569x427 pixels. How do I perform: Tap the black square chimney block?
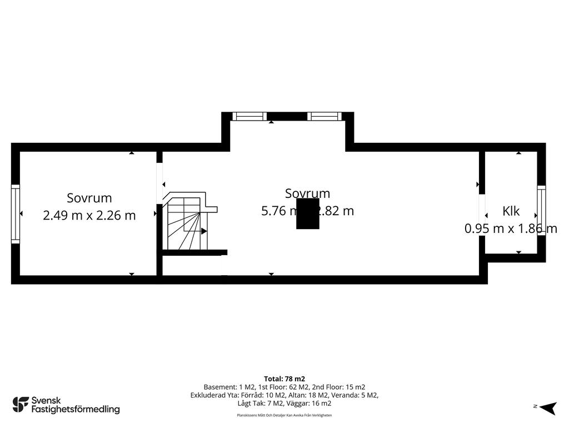click(x=307, y=214)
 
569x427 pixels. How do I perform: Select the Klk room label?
click(x=511, y=211)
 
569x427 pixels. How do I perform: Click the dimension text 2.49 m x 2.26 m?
click(x=89, y=215)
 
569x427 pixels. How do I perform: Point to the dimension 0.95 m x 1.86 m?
click(x=511, y=229)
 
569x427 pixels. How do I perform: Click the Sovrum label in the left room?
click(x=89, y=198)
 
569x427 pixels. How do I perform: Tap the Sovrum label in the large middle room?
click(x=307, y=193)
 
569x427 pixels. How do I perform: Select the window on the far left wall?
click(x=16, y=214)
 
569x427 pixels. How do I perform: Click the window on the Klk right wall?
click(x=541, y=211)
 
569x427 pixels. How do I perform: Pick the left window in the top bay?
click(x=249, y=116)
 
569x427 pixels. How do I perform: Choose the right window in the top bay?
click(x=325, y=116)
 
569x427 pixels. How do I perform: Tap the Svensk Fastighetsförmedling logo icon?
click(x=21, y=404)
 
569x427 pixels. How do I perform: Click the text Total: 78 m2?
click(x=284, y=379)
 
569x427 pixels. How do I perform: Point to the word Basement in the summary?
click(x=220, y=387)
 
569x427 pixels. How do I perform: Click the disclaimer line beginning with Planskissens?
click(x=284, y=415)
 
